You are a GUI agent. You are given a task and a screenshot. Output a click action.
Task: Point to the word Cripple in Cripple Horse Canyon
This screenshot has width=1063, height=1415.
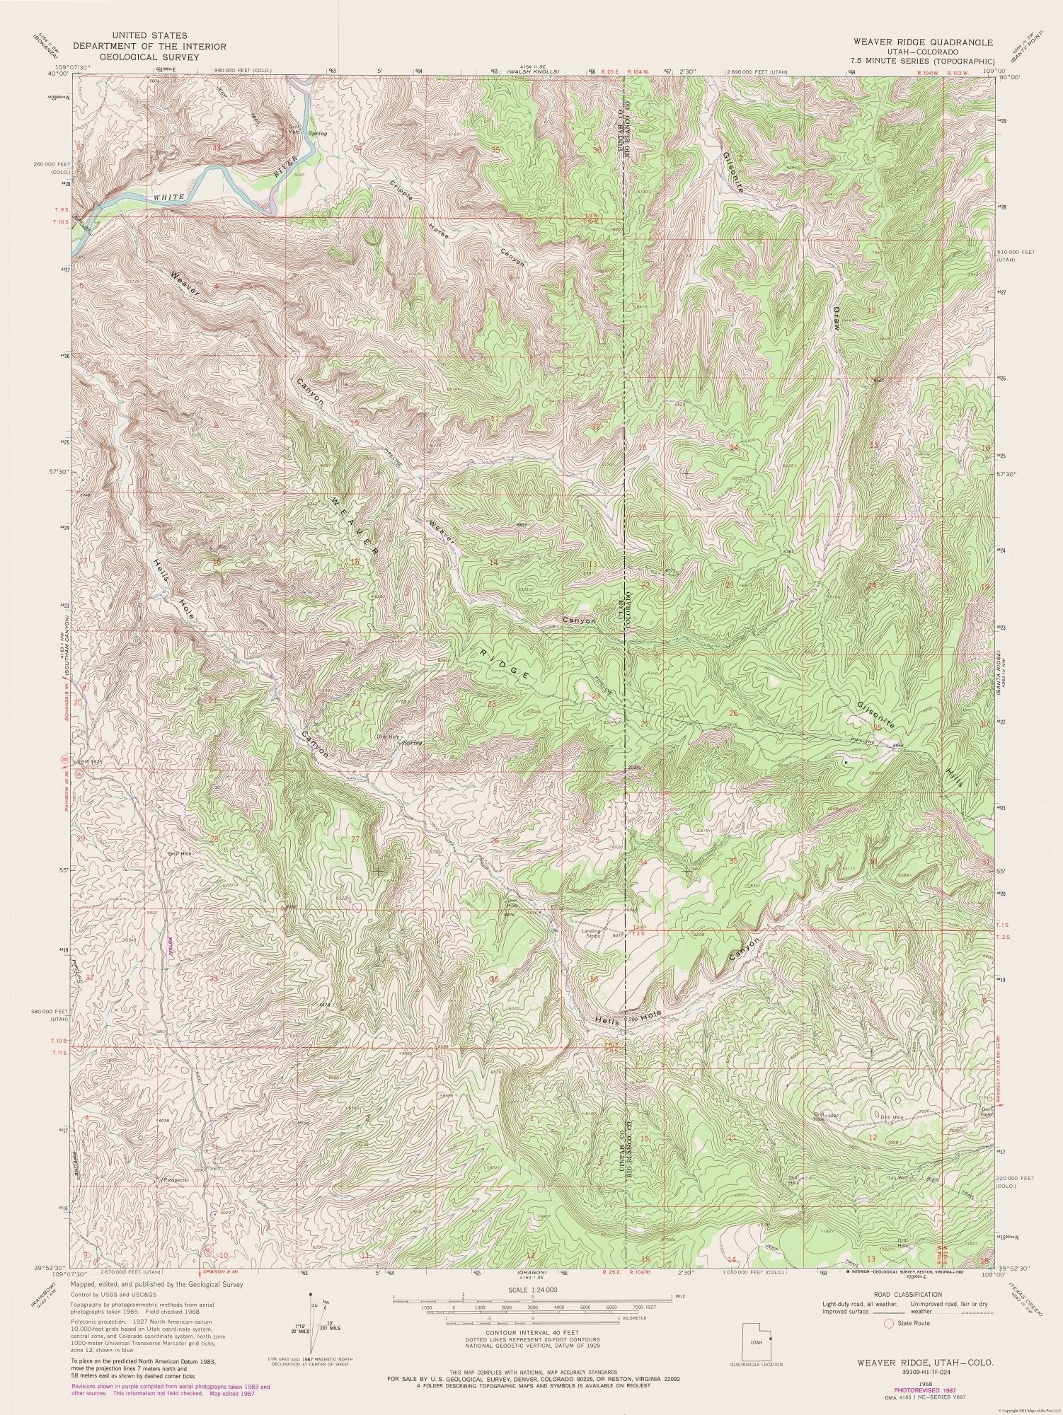[401, 192]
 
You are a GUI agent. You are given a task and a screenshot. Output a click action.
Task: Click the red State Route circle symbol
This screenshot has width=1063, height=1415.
[889, 1323]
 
